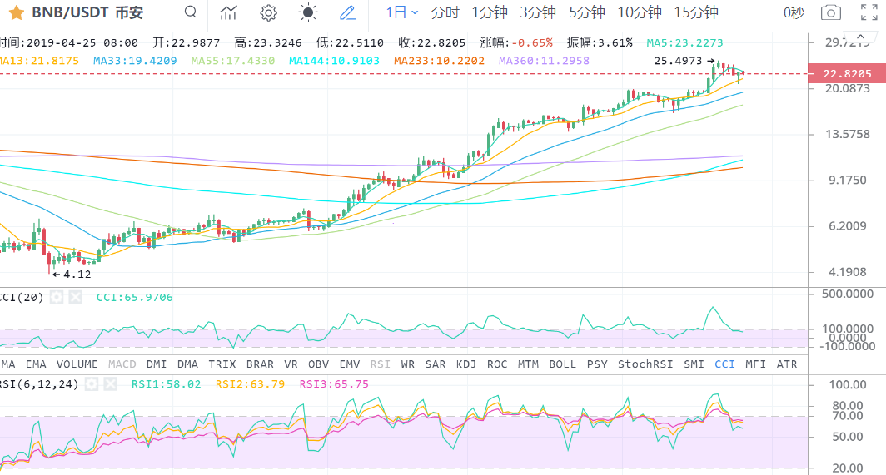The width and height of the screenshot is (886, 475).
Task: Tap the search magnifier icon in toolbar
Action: [x=191, y=12]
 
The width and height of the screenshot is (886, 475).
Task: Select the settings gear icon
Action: [x=268, y=12]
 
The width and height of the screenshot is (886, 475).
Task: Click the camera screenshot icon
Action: [x=830, y=12]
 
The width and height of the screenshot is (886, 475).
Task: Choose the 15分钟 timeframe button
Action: [x=696, y=12]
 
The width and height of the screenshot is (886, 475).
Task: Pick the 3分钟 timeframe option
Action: [x=538, y=12]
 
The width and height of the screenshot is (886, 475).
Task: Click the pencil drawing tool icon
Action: [x=348, y=12]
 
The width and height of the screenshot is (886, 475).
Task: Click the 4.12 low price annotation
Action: [x=76, y=274]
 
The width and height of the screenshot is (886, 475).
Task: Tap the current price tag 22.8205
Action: [x=847, y=74]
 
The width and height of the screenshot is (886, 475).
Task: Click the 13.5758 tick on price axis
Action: [x=846, y=134]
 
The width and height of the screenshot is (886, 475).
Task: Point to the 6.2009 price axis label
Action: [x=846, y=225]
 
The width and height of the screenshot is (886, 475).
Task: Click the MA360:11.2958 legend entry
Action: [x=544, y=61]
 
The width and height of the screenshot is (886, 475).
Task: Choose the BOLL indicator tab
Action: [x=562, y=364]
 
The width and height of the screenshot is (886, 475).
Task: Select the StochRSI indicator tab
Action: [x=645, y=364]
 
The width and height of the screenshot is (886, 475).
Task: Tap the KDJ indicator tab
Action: [x=467, y=364]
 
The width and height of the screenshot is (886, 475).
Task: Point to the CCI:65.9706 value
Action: [x=135, y=297]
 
